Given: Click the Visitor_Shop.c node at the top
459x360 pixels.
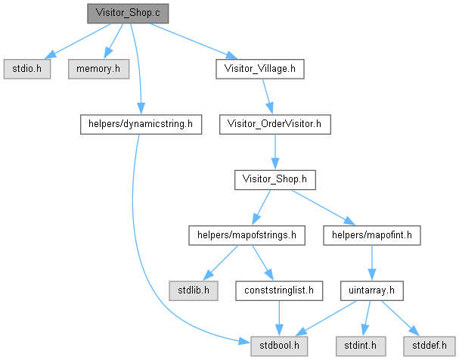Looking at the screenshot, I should (x=127, y=14).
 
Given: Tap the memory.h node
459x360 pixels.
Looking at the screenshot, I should (x=98, y=69).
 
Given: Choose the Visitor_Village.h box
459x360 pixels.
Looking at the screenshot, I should (x=260, y=69).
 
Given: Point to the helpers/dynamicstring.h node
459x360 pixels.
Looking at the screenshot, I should (x=141, y=125).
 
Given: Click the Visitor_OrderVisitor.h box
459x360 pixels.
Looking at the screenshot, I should (x=274, y=125).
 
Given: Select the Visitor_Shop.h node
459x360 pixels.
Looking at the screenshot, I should (x=274, y=180).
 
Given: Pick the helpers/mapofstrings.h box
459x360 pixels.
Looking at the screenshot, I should (x=246, y=235).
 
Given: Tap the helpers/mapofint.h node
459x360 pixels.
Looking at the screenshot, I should (x=371, y=235).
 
